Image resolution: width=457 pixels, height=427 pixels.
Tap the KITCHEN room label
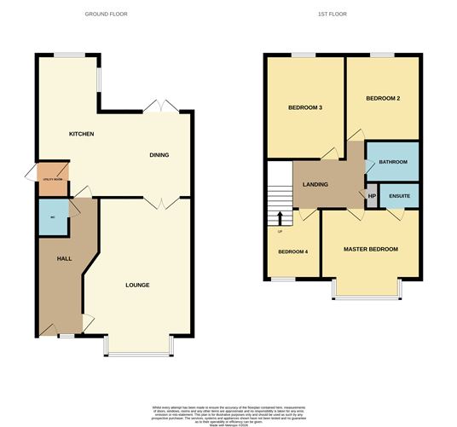(81, 135)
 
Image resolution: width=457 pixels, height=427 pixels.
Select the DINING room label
(159, 155)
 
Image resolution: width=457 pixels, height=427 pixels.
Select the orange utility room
(52, 178)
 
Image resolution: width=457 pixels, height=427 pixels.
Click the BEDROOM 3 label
(304, 107)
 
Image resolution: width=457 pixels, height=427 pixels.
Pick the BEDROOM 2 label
(383, 99)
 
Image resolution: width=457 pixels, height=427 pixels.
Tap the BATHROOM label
(393, 163)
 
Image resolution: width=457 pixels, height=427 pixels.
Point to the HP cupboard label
(372, 197)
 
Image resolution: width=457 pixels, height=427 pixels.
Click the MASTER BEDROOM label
(370, 250)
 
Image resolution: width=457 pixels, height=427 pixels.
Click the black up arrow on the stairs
(280, 220)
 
